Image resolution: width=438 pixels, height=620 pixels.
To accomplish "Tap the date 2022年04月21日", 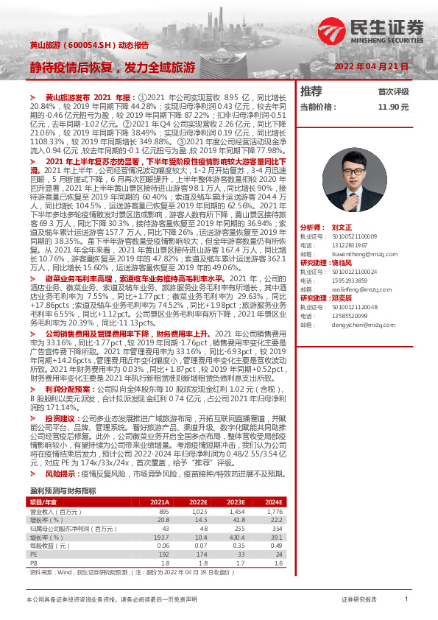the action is tap(371, 67).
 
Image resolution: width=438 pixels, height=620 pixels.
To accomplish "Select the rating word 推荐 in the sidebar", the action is tap(311, 92).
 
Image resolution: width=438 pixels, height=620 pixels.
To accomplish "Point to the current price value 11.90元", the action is tap(392, 107).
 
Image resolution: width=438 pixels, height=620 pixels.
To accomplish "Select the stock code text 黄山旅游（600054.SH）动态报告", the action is tap(88, 45).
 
